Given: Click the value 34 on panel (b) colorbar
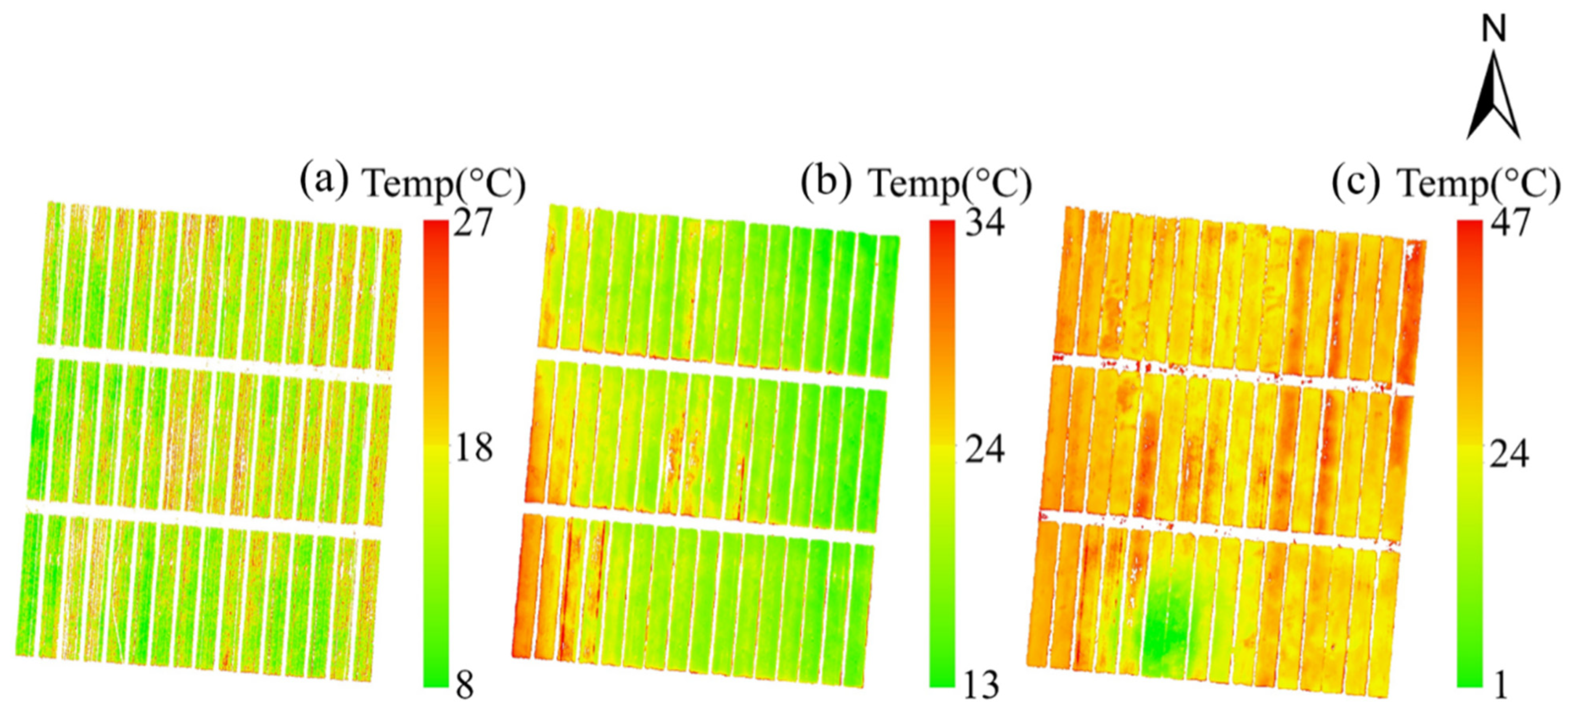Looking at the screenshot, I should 984,222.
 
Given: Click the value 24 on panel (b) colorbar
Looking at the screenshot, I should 984,450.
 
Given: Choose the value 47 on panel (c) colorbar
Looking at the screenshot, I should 1509,222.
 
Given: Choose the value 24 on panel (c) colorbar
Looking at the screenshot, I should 1509,454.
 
